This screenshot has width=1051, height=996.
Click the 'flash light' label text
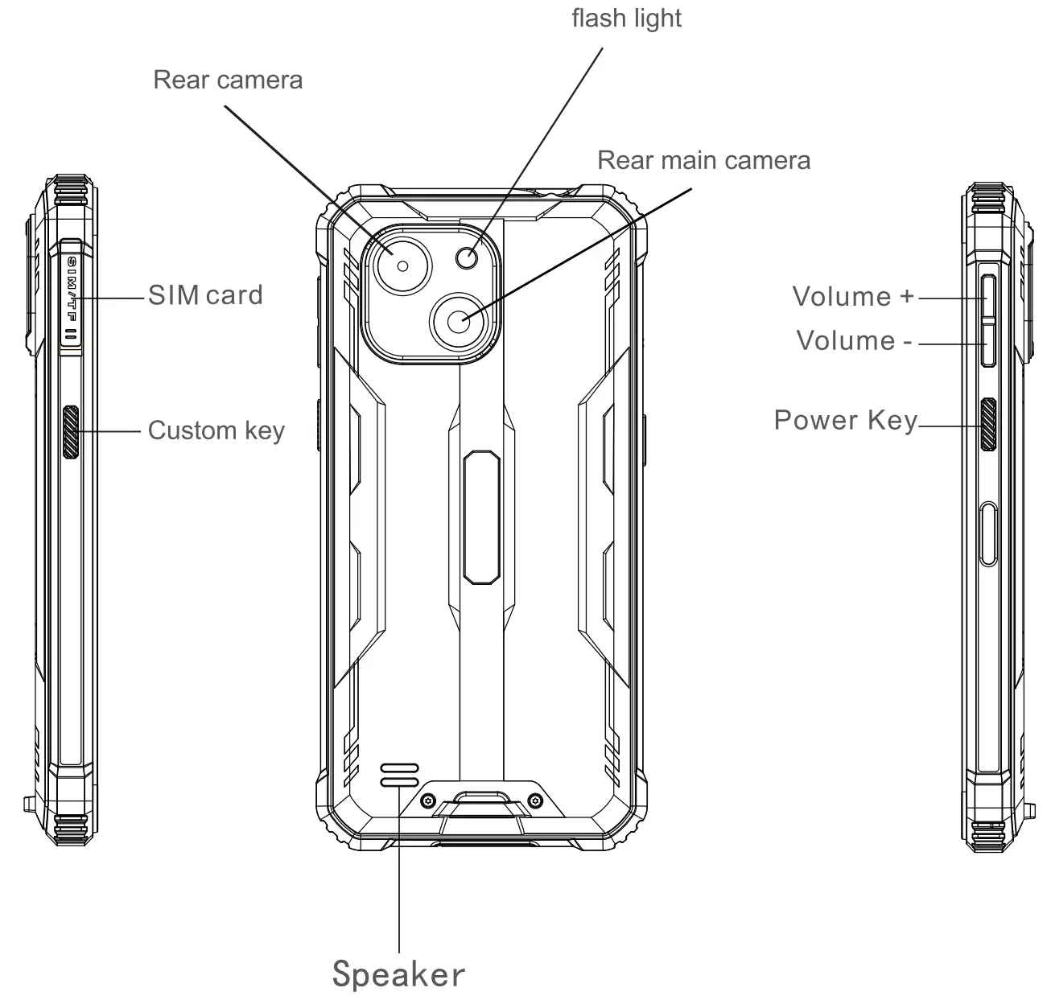click(626, 19)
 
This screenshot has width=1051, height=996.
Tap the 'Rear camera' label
click(228, 80)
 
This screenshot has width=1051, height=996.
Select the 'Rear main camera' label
click(703, 160)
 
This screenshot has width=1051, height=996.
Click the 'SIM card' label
click(205, 294)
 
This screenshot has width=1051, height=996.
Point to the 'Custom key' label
click(216, 430)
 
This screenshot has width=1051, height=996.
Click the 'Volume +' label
click(853, 296)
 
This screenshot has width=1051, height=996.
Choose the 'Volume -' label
click(854, 340)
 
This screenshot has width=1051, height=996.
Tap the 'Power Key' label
click(845, 420)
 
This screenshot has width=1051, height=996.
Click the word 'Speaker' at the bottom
click(398, 973)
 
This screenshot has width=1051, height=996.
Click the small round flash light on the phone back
click(467, 257)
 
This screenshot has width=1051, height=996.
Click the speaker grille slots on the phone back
click(399, 774)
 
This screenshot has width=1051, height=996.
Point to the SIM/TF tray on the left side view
click(71, 298)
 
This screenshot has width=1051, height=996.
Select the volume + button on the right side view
click(987, 295)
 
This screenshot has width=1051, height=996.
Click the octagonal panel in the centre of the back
click(482, 517)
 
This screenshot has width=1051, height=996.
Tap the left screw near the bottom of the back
click(428, 801)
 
